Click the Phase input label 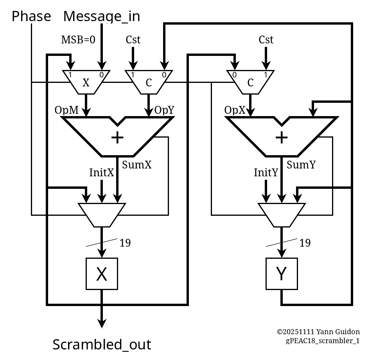pos(31,16)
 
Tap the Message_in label pos(102,16)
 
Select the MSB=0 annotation pos(78,40)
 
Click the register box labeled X pos(102,274)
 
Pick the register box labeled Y pos(282,274)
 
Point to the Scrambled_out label pos(102,345)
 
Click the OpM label pos(66,110)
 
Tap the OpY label pos(164,110)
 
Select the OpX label pos(235,110)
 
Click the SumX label pos(136,165)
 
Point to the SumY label pos(301,165)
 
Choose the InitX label pos(101,172)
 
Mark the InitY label pos(266,172)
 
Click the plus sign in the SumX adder pos(117,137)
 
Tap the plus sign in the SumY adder pos(282,137)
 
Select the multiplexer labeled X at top pos(86,82)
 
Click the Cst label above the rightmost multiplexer pos(266,40)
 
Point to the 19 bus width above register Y pos(305,243)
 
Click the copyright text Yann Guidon pos(318,332)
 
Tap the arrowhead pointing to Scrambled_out pos(102,323)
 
